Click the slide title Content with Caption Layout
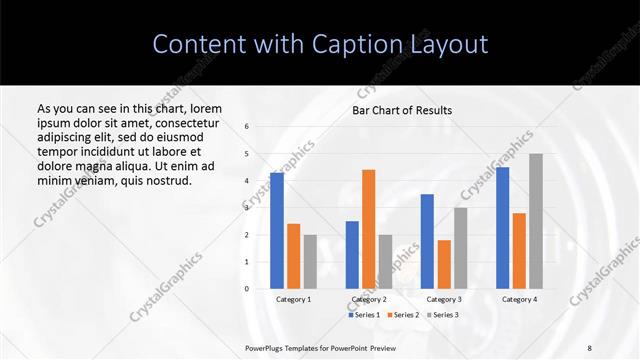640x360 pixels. point(320,44)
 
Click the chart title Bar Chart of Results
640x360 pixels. point(402,110)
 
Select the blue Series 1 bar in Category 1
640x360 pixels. point(277,231)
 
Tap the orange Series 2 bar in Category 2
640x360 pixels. point(368,229)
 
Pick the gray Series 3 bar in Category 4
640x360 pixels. point(536,221)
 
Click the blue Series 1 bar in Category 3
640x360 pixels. point(427,241)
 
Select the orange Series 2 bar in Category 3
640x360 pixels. point(444,264)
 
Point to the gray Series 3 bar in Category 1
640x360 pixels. point(310,262)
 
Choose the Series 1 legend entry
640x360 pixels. point(364,315)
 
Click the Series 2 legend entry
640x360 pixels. point(401,315)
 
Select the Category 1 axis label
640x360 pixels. point(293,299)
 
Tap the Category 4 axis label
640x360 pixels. point(519,299)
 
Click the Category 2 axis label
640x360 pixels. point(368,299)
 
